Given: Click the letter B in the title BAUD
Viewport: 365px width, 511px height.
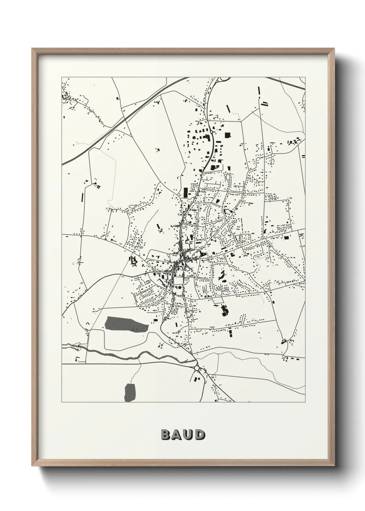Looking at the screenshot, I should [x=166, y=435].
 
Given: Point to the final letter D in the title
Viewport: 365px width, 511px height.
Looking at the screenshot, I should [x=199, y=435].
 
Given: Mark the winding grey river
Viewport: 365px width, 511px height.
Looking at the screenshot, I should [x=138, y=355].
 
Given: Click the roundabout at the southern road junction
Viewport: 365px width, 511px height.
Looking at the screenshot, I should [x=197, y=368].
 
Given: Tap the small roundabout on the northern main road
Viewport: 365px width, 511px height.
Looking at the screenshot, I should [x=211, y=132].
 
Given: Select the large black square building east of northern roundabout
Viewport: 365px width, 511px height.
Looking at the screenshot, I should [x=227, y=135].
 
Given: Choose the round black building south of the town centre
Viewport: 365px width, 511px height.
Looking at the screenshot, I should [x=180, y=287].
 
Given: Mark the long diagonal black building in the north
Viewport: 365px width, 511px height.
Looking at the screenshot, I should [x=228, y=108].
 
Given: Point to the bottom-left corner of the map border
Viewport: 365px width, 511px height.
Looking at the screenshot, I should [x=62, y=402].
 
